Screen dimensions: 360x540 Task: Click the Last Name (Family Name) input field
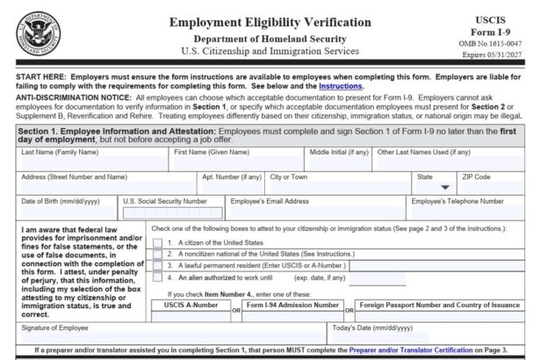pyautogui.click(x=92, y=163)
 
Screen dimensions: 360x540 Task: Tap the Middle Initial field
pyautogui.click(x=338, y=163)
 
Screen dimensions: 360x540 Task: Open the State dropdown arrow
pyautogui.click(x=445, y=187)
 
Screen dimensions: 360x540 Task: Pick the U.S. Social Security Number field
pyautogui.click(x=170, y=212)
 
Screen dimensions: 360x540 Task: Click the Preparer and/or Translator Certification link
pyautogui.click(x=385, y=350)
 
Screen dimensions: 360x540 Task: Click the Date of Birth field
pyautogui.click(x=67, y=212)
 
